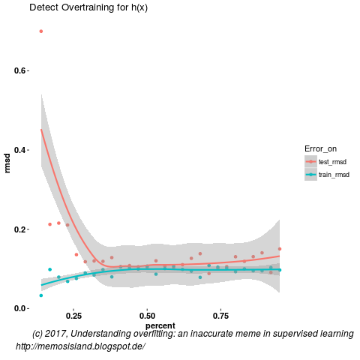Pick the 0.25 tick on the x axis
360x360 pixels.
[73, 317]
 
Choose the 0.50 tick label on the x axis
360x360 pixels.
[147, 317]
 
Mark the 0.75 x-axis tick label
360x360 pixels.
[220, 317]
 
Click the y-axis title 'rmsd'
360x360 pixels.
[7, 163]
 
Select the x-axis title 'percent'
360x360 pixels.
[160, 325]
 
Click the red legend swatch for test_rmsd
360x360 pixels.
[310, 161]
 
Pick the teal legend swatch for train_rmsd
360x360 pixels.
[310, 175]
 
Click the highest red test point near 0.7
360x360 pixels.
[41, 31]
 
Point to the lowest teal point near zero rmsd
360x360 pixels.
[41, 295]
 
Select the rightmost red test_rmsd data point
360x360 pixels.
[280, 249]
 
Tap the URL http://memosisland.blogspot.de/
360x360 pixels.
[80, 346]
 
